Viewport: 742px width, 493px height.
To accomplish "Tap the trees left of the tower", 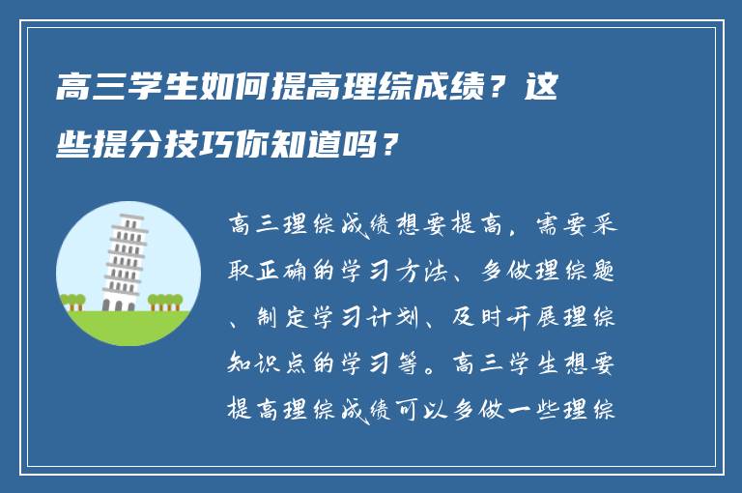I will (x=73, y=302).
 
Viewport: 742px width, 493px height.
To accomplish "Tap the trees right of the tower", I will (x=165, y=301).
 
